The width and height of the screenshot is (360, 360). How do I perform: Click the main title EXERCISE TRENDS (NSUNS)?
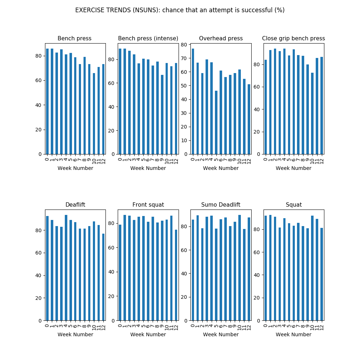[180, 10]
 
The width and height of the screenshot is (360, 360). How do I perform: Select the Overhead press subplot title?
[221, 39]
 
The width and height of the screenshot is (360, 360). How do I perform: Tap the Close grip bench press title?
[293, 39]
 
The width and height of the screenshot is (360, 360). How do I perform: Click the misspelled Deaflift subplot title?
[75, 205]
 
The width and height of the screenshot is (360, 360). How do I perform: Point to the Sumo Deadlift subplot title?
[221, 205]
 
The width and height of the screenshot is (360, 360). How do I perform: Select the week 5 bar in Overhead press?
[216, 122]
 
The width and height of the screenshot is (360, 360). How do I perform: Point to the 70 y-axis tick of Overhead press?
[184, 58]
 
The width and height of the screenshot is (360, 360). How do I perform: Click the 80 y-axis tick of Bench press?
[39, 56]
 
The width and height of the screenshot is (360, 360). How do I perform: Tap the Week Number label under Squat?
[293, 334]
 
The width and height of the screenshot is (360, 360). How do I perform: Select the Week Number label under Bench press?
[75, 168]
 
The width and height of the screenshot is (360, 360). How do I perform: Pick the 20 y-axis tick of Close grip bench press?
[257, 132]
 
